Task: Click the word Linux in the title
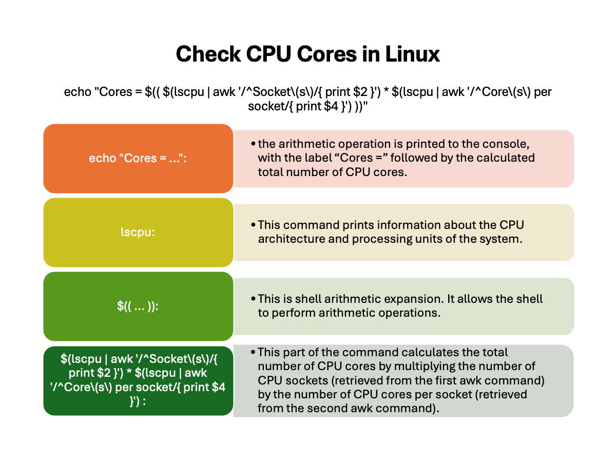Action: click(412, 53)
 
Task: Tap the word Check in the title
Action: click(208, 53)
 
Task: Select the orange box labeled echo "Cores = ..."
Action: click(138, 159)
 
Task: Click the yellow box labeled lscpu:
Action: click(138, 232)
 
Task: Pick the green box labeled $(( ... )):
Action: click(138, 306)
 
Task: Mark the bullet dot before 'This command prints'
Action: click(253, 225)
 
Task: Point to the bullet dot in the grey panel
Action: click(253, 352)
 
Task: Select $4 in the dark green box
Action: click(218, 388)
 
